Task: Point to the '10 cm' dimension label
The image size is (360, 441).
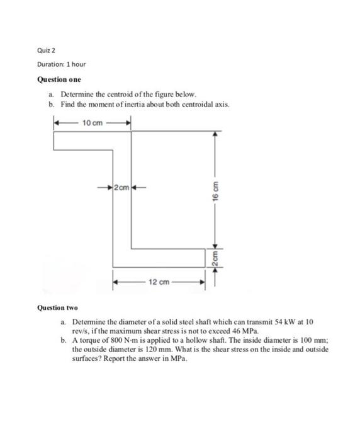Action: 93,122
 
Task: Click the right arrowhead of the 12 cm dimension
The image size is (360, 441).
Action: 202,282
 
